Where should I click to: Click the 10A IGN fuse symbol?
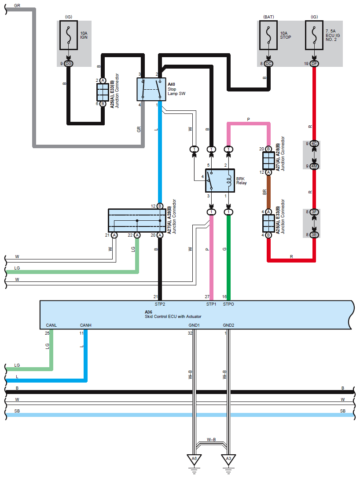pyautogui.click(x=68, y=36)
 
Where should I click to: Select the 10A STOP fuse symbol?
pyautogui.click(x=269, y=36)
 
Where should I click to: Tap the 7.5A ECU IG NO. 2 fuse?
pyautogui.click(x=314, y=36)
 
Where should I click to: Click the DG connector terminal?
pyautogui.click(x=68, y=64)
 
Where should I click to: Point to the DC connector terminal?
pyautogui.click(x=269, y=64)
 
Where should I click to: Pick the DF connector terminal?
pyautogui.click(x=314, y=64)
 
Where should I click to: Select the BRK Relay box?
pyautogui.click(x=220, y=180)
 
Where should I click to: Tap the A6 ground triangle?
pyautogui.click(x=194, y=459)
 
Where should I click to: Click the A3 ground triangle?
pyautogui.click(x=228, y=459)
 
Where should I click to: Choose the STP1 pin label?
pyautogui.click(x=211, y=304)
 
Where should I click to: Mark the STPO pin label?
pyautogui.click(x=229, y=304)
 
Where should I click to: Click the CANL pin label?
pyautogui.click(x=51, y=325)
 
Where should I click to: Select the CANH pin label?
pyautogui.click(x=86, y=325)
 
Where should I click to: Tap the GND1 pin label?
pyautogui.click(x=194, y=325)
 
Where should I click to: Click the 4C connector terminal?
pyautogui.click(x=314, y=144)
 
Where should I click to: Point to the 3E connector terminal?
pyautogui.click(x=314, y=235)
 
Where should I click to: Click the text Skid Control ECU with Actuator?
pyautogui.click(x=173, y=316)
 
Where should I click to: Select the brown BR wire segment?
pyautogui.click(x=268, y=192)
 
